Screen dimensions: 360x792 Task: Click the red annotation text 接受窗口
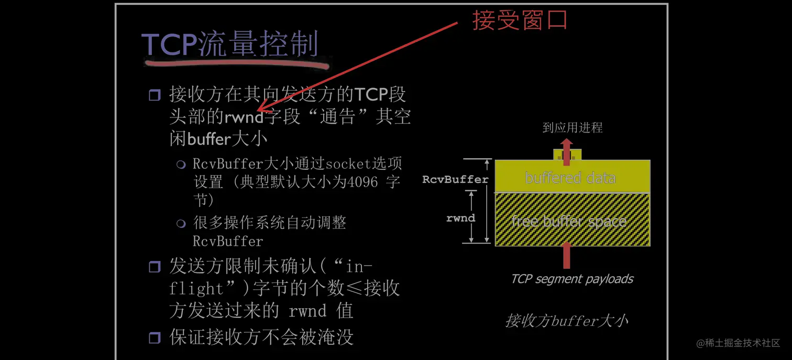(520, 20)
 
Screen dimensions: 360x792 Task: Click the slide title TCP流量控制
(230, 44)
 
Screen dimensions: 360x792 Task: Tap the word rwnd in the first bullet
(244, 116)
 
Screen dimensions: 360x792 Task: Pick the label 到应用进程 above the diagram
(572, 128)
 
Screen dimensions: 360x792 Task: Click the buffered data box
(572, 178)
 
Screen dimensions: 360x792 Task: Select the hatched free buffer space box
(572, 220)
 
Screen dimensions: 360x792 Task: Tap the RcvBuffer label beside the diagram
(455, 179)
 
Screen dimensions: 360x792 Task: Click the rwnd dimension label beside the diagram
(460, 217)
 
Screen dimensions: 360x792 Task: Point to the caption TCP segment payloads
(572, 279)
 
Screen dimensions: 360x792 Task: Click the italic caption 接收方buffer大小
(566, 320)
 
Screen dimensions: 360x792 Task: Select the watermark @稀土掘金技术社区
(738, 343)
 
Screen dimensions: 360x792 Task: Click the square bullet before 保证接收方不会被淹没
(155, 337)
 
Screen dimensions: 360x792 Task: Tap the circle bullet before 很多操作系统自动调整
(181, 224)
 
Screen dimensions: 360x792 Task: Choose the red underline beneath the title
(236, 64)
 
